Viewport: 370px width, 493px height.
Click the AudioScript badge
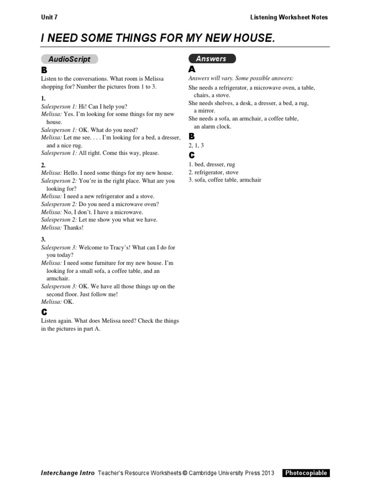(69, 59)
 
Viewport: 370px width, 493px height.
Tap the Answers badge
(211, 59)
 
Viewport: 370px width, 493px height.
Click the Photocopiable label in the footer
(306, 473)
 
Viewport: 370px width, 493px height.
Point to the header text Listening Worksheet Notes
(289, 17)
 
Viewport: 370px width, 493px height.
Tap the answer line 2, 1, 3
(196, 145)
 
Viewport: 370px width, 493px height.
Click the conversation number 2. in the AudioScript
(43, 165)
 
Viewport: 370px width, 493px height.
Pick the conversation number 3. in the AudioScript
(43, 239)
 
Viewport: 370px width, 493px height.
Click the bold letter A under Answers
(191, 69)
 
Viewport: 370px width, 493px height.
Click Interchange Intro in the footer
(67, 473)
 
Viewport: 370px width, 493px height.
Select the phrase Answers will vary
(209, 78)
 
